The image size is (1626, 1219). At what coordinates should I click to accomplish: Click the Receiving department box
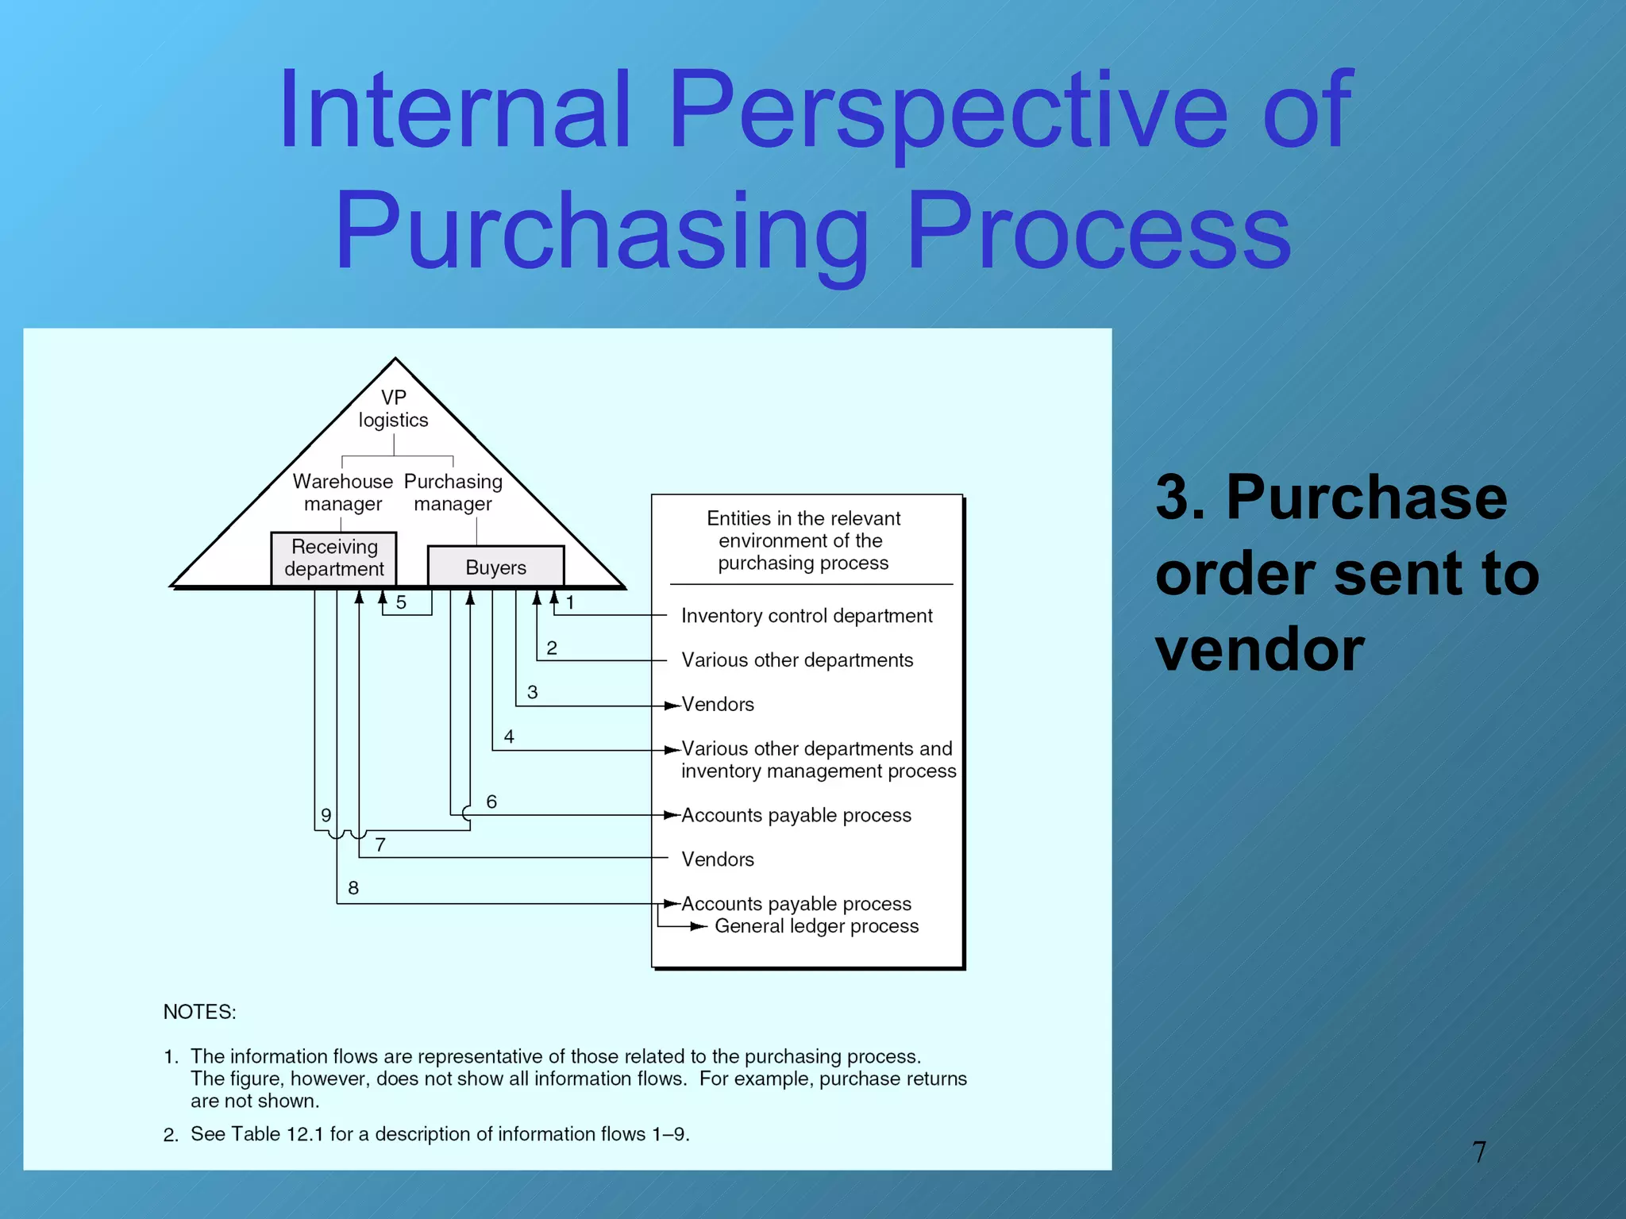pyautogui.click(x=333, y=558)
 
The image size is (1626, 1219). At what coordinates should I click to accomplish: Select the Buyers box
pyautogui.click(x=495, y=567)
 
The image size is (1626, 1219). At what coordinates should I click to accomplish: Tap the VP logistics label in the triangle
pyautogui.click(x=393, y=409)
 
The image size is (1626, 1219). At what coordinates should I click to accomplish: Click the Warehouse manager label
pyautogui.click(x=342, y=492)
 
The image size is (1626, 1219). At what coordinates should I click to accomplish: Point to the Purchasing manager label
pyautogui.click(x=453, y=492)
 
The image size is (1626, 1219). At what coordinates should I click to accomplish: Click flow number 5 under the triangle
pyautogui.click(x=401, y=602)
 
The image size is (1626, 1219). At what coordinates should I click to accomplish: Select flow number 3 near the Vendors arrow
pyautogui.click(x=532, y=692)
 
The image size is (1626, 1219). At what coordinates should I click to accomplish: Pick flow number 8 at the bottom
pyautogui.click(x=353, y=888)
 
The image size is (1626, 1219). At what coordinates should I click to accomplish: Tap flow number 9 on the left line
pyautogui.click(x=326, y=815)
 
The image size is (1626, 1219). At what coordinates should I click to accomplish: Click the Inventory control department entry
pyautogui.click(x=807, y=616)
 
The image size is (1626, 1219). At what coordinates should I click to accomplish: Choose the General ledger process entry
pyautogui.click(x=816, y=926)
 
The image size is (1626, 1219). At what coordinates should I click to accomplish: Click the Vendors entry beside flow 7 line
pyautogui.click(x=718, y=859)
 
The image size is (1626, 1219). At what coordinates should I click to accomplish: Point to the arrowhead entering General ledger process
pyautogui.click(x=699, y=926)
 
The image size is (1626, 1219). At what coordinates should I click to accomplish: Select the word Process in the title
pyautogui.click(x=1100, y=232)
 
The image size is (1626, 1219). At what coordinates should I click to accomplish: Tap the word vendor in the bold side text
pyautogui.click(x=1259, y=649)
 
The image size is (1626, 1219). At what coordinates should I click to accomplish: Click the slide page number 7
pyautogui.click(x=1478, y=1152)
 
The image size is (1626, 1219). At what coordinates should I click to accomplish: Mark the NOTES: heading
pyautogui.click(x=199, y=1012)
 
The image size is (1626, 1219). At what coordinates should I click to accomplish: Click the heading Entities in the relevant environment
pyautogui.click(x=803, y=540)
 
